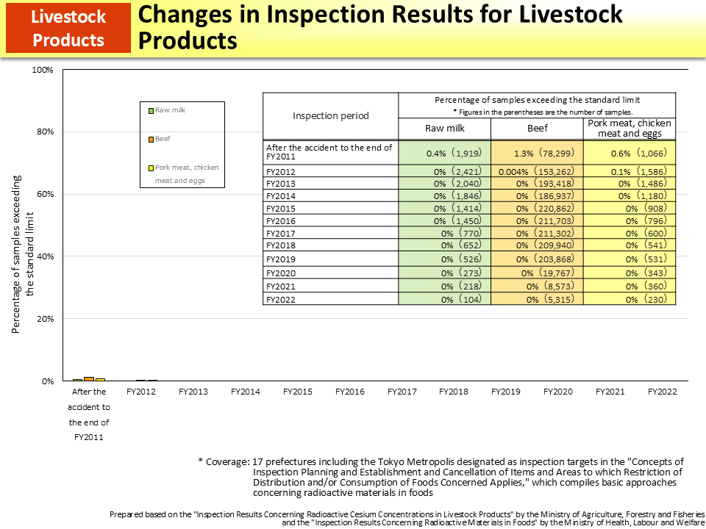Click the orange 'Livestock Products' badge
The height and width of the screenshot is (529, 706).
(x=68, y=28)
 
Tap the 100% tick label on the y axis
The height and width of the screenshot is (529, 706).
(x=42, y=70)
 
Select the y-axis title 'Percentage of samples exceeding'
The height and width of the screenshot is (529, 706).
(x=16, y=254)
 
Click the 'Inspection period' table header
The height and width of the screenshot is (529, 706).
(x=330, y=115)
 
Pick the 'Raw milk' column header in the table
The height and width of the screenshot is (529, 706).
(x=444, y=128)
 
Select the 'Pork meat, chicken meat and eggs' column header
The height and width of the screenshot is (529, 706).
(x=630, y=128)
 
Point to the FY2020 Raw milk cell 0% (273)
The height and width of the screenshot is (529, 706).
(x=444, y=273)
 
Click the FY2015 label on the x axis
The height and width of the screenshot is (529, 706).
(x=298, y=392)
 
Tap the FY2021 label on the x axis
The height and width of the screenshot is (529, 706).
(x=610, y=392)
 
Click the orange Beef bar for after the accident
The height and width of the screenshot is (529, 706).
(x=89, y=379)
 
